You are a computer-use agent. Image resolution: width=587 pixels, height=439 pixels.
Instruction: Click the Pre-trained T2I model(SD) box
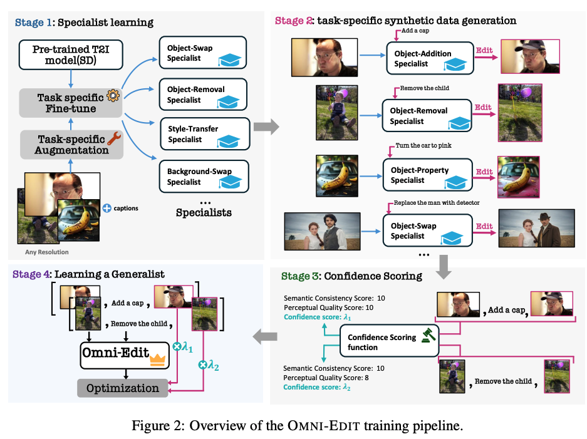coord(71,55)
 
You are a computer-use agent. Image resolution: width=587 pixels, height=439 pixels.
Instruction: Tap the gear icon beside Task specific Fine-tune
coord(113,95)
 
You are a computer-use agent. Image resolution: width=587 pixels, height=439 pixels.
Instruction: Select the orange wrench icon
coord(114,138)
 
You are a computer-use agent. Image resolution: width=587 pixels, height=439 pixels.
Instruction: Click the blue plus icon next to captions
coord(107,208)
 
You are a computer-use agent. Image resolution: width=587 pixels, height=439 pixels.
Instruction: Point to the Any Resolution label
coord(47,252)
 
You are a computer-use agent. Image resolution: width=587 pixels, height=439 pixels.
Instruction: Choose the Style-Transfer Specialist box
coord(204,134)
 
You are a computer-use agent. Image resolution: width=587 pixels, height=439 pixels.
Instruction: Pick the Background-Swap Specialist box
coord(204,176)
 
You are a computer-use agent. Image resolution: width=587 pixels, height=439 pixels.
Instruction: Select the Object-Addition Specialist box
coord(430,58)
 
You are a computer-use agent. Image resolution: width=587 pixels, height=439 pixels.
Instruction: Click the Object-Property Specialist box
coord(427,175)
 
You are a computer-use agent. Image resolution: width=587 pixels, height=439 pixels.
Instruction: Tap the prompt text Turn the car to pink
coord(423,145)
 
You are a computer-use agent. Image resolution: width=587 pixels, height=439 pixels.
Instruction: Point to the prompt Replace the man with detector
coord(437,203)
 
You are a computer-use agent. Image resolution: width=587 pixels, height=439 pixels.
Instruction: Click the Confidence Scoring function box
coord(389,341)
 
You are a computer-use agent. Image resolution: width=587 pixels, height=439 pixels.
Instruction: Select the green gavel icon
coord(429,335)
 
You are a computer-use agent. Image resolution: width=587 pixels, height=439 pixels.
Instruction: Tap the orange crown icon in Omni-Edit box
coord(158,359)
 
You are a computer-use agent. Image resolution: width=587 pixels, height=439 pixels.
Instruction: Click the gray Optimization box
coord(123,388)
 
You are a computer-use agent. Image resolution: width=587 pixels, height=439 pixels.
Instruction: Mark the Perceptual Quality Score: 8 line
coord(326,378)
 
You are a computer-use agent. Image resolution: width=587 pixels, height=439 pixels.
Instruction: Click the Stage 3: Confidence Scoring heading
coord(351,276)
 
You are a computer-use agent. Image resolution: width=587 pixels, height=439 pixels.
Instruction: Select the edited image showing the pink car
coord(519,177)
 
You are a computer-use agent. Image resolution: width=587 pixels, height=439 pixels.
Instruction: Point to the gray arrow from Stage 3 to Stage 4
coord(265,337)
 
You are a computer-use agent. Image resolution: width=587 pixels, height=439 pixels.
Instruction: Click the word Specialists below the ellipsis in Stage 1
coord(204,212)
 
